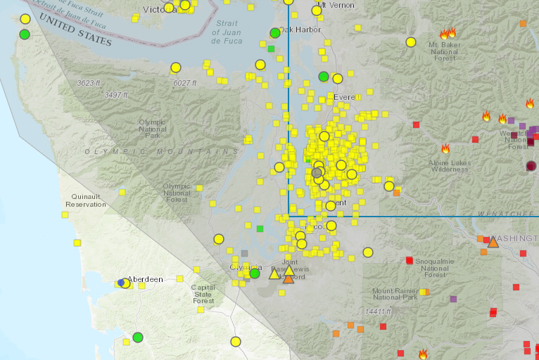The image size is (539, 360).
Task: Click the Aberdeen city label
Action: [146, 279]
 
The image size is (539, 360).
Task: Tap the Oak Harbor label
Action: [300, 30]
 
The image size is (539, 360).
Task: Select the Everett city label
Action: [345, 97]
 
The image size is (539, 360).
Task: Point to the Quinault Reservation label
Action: [85, 200]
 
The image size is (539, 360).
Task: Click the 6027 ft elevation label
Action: [185, 83]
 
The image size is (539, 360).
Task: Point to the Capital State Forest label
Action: [203, 293]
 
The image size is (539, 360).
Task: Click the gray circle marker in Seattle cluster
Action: [317, 172]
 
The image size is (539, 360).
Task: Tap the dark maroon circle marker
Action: [531, 166]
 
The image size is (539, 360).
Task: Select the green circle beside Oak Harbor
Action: [275, 33]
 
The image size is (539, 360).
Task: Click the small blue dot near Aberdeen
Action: [121, 283]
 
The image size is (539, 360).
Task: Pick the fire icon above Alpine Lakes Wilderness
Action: [445, 149]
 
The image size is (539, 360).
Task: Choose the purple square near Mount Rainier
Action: [453, 299]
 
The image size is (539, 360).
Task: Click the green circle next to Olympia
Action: [255, 273]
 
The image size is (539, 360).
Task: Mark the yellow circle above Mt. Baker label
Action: [411, 42]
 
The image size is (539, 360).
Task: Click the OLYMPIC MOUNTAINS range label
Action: [161, 152]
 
